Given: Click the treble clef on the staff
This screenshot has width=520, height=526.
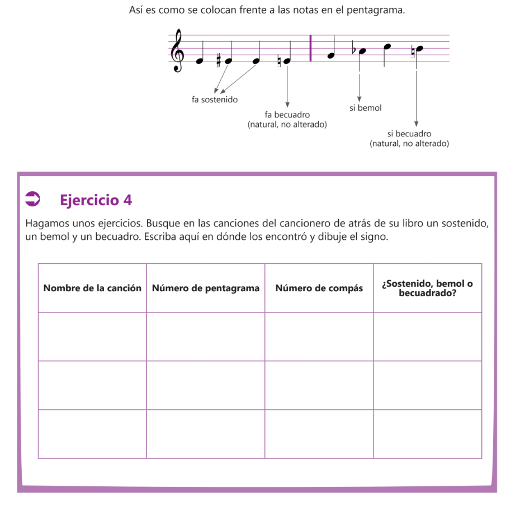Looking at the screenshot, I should (178, 50).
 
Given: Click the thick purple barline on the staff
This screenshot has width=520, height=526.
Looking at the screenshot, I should (311, 48).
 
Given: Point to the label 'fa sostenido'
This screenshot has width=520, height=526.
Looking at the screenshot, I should (215, 99).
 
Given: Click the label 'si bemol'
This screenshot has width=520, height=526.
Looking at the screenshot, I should (366, 108).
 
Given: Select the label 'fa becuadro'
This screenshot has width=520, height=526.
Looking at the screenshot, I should (287, 115).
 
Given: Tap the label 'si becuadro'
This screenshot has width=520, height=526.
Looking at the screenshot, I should (409, 134).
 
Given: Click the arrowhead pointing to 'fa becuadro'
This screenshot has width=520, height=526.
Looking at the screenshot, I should (287, 104).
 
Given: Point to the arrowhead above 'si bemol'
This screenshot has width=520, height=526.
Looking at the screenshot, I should (360, 98).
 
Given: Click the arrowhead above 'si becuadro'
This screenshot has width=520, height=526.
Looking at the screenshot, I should (416, 124).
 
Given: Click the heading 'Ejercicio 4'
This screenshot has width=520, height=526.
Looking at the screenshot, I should (96, 200).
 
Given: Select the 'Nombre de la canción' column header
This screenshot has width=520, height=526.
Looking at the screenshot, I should (92, 288).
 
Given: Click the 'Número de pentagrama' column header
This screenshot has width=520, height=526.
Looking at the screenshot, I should (206, 288).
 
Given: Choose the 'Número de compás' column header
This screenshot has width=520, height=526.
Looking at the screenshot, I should (319, 288).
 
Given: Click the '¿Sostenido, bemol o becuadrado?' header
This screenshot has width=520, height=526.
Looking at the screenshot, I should (427, 288).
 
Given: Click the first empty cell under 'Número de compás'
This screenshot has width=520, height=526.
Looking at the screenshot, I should (319, 337).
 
